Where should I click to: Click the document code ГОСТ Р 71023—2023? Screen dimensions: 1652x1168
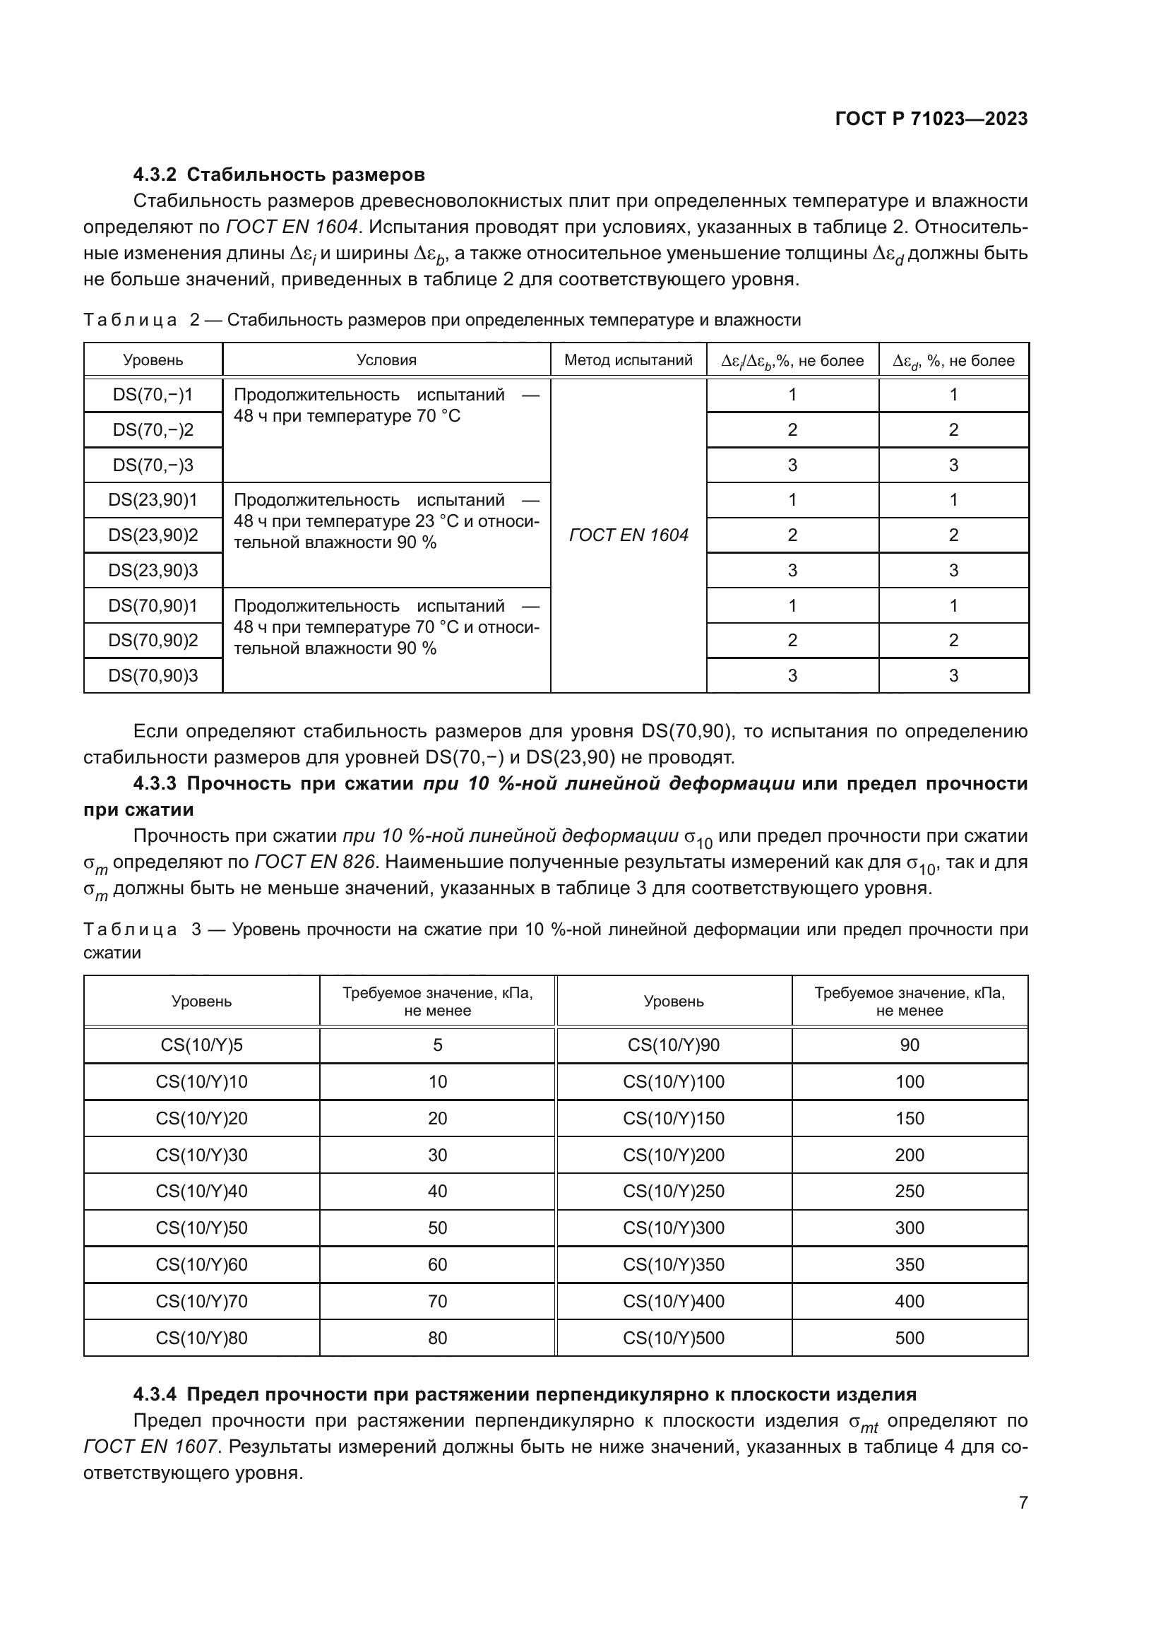[x=931, y=119]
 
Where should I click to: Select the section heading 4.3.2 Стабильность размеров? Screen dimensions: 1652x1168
[x=279, y=175]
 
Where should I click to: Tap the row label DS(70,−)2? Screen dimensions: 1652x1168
[x=153, y=430]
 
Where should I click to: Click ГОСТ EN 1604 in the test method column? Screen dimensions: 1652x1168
[x=628, y=535]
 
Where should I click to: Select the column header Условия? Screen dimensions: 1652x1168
[x=386, y=360]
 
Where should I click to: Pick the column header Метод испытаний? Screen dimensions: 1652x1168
[x=628, y=360]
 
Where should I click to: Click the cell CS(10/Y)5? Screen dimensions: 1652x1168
[x=201, y=1045]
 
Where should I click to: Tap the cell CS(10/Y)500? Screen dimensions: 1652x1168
[x=674, y=1338]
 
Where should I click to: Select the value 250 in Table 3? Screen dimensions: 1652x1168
[x=909, y=1192]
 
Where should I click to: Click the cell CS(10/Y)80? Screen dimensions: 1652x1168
[x=201, y=1338]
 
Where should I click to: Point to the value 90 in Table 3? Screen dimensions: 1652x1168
[x=909, y=1045]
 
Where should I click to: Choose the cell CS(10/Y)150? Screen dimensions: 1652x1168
[x=674, y=1119]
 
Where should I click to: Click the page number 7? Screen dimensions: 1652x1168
[x=1023, y=1502]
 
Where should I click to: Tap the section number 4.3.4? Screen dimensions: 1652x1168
[x=155, y=1395]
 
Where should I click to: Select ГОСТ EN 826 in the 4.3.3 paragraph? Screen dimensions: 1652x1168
[x=316, y=862]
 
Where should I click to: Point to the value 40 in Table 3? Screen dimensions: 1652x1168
[x=437, y=1192]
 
